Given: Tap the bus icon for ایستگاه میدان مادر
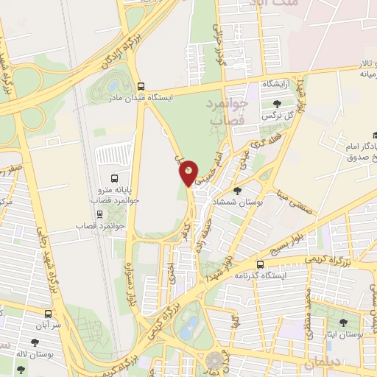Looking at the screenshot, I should (x=141, y=85).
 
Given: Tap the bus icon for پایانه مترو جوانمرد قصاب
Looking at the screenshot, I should (x=114, y=178).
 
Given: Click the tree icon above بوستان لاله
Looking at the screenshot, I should (x=35, y=342).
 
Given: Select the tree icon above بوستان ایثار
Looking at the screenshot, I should (x=342, y=322).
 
